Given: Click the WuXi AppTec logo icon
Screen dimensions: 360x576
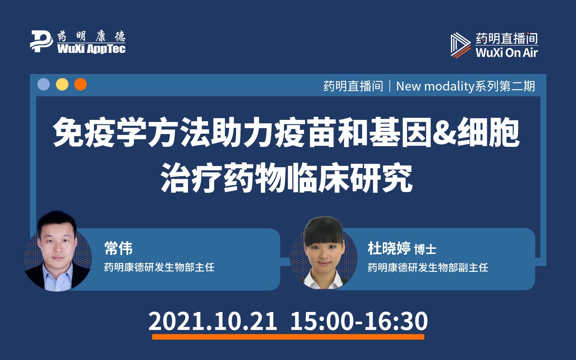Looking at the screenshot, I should (x=41, y=41).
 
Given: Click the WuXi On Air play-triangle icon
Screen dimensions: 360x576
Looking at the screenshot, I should (x=460, y=45).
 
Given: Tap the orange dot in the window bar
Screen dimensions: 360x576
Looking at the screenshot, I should (x=81, y=85).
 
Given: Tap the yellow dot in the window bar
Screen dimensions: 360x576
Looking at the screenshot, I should (x=62, y=85).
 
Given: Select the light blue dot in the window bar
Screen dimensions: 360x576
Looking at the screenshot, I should (x=44, y=85).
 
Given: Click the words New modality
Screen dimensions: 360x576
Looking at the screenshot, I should (x=435, y=86).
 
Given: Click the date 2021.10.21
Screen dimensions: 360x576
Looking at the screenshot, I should (x=213, y=321).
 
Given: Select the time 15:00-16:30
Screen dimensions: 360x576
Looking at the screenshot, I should (x=359, y=321).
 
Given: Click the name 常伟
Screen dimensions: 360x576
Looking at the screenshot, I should (x=119, y=248).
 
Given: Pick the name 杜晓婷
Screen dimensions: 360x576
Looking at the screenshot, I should (x=389, y=248).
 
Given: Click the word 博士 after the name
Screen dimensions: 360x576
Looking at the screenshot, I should (x=425, y=249).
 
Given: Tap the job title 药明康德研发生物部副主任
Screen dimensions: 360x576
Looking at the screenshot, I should (x=428, y=267).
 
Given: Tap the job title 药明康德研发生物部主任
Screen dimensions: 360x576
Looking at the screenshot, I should (x=159, y=267).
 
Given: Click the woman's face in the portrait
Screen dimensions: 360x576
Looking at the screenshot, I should (x=323, y=250).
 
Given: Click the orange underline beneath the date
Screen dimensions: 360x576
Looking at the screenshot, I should (x=288, y=337).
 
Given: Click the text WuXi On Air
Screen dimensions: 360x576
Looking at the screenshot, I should (x=507, y=53).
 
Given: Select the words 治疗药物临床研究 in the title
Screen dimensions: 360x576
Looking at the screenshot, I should (x=286, y=179).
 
